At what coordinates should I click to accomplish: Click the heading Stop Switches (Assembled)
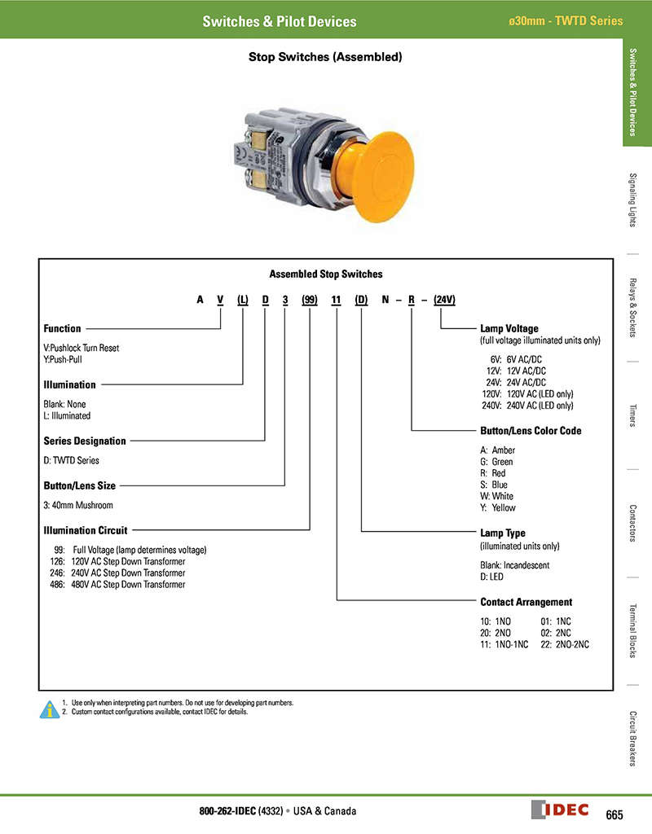tap(325, 58)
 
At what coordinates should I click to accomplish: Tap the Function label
tap(62, 329)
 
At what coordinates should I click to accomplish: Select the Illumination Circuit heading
tap(85, 530)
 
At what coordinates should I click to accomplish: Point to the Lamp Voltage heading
tap(509, 328)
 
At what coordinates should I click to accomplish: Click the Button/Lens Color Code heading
tap(531, 431)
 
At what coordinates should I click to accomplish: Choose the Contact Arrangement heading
tap(526, 603)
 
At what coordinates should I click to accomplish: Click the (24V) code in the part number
tap(444, 300)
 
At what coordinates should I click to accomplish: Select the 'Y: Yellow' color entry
tap(498, 508)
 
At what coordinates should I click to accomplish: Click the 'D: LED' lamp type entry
tap(491, 577)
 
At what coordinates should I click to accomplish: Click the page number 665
tap(615, 814)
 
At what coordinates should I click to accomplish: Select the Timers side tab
tap(634, 415)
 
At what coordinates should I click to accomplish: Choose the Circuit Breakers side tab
tap(634, 738)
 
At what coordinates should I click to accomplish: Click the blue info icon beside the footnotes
tap(50, 708)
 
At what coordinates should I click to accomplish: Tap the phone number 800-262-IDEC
tap(228, 811)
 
